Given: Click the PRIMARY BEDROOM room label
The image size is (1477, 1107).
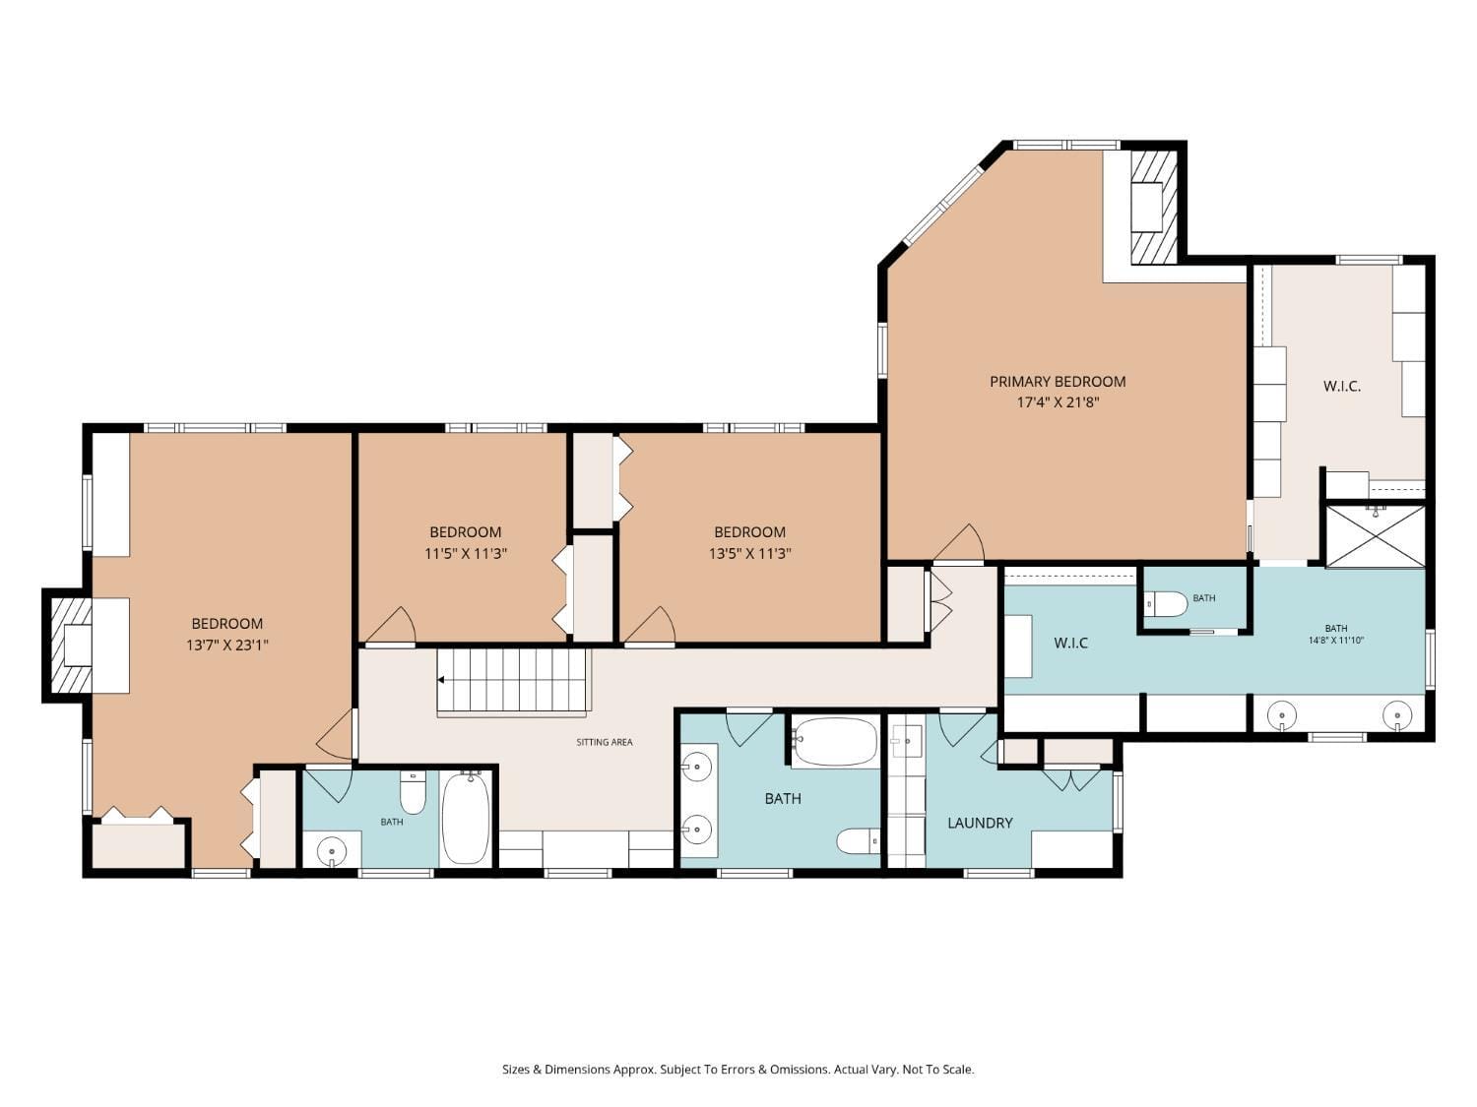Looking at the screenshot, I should tap(1058, 381).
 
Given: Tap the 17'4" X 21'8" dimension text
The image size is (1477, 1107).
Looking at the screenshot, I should tap(1058, 402).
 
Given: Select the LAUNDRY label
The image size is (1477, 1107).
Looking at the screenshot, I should tap(980, 823).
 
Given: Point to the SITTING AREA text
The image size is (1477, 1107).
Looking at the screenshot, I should tap(605, 742).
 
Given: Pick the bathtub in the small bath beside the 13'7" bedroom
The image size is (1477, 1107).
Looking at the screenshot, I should tap(466, 818).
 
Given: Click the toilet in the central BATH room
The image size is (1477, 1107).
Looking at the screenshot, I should tap(858, 841).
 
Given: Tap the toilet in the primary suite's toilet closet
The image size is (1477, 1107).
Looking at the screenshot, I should tap(1167, 603).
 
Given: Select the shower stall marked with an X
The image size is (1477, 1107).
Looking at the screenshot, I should tap(1375, 536).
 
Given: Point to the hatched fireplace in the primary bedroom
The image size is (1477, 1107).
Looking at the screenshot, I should tap(1153, 207).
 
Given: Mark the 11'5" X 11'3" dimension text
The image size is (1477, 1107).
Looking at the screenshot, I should tap(466, 554).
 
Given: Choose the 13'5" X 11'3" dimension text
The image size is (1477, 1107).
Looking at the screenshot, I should tap(750, 554).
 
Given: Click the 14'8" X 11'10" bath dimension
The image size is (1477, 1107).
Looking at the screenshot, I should tap(1335, 641).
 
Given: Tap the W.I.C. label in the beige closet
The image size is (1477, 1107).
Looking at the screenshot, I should tap(1342, 387).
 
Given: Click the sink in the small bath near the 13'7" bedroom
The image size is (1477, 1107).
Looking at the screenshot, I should tap(331, 850).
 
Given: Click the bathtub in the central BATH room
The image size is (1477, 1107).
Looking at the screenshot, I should tap(835, 741).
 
